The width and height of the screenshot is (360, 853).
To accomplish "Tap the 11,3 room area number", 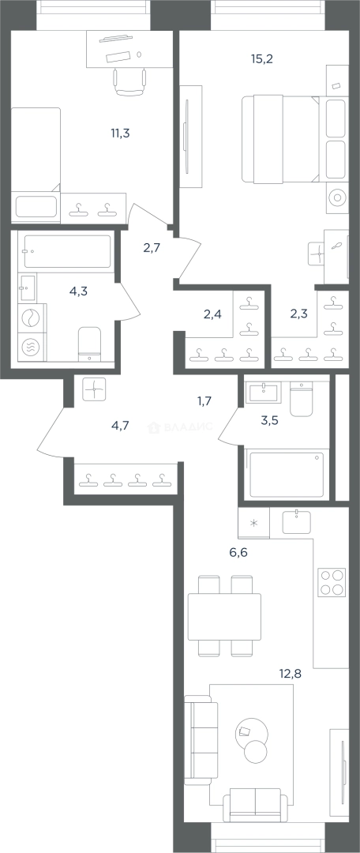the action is tap(119, 132).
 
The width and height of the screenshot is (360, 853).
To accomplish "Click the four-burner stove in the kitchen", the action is tap(332, 583).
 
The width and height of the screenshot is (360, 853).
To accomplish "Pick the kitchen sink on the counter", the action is tap(297, 521).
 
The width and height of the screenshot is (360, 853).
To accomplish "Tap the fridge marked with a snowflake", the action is tap(253, 523).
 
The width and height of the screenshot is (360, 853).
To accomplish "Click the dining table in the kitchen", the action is tap(224, 616).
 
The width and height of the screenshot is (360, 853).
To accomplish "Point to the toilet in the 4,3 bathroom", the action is tap(90, 344).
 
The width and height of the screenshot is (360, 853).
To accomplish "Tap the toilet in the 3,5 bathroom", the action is tap(302, 399).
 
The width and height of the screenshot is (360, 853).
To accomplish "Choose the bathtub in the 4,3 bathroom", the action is tap(67, 251).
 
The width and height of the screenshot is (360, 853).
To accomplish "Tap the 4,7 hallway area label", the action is tap(120, 426).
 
